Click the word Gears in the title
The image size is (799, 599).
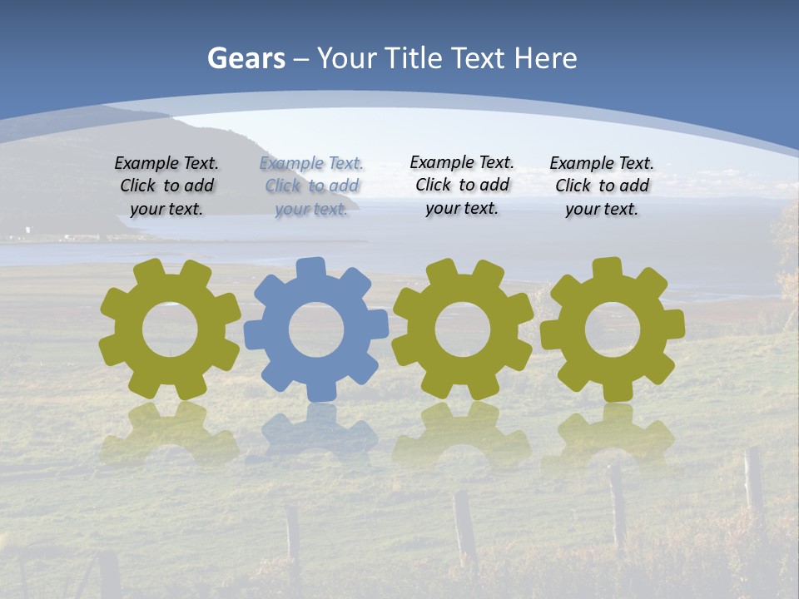tap(246, 58)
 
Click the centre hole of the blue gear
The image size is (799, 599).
tap(316, 330)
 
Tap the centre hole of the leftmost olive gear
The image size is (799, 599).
tap(170, 330)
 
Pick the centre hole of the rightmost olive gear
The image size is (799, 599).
tap(613, 330)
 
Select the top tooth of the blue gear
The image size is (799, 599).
tap(310, 270)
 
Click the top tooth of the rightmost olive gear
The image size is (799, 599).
tap(607, 269)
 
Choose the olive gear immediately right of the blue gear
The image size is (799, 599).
tap(463, 366)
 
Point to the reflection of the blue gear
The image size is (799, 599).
tap(316, 433)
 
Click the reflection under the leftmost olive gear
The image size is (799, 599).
tap(170, 433)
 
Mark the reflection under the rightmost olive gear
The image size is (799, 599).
tap(613, 433)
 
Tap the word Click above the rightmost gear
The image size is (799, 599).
tap(574, 186)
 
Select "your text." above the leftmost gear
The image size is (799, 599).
tap(166, 209)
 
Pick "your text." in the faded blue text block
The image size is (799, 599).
tap(311, 209)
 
